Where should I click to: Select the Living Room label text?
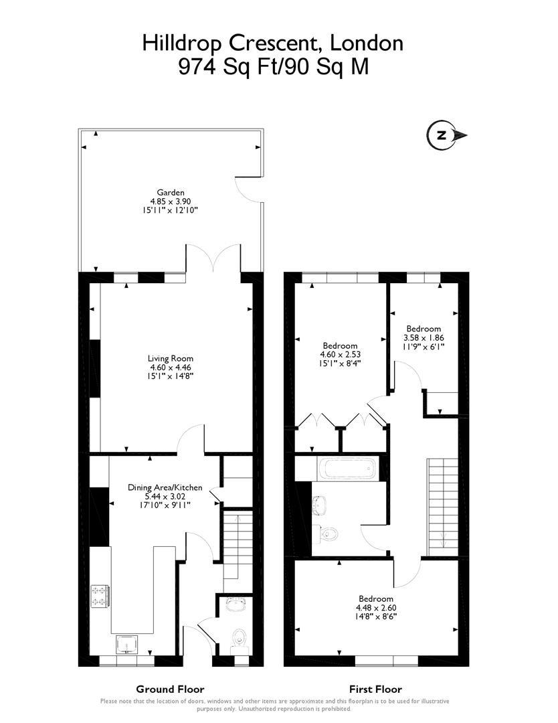coord(171,358)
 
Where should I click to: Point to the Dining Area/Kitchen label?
coord(165,487)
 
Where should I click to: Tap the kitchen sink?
coord(127,645)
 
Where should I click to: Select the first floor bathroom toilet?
coord(330,534)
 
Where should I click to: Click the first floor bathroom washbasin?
coord(319,504)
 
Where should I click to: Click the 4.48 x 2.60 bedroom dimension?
coord(375,608)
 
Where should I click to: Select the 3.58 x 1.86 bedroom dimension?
coord(424,338)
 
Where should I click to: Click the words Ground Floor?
coord(170,689)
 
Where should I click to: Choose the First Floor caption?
coord(375,689)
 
